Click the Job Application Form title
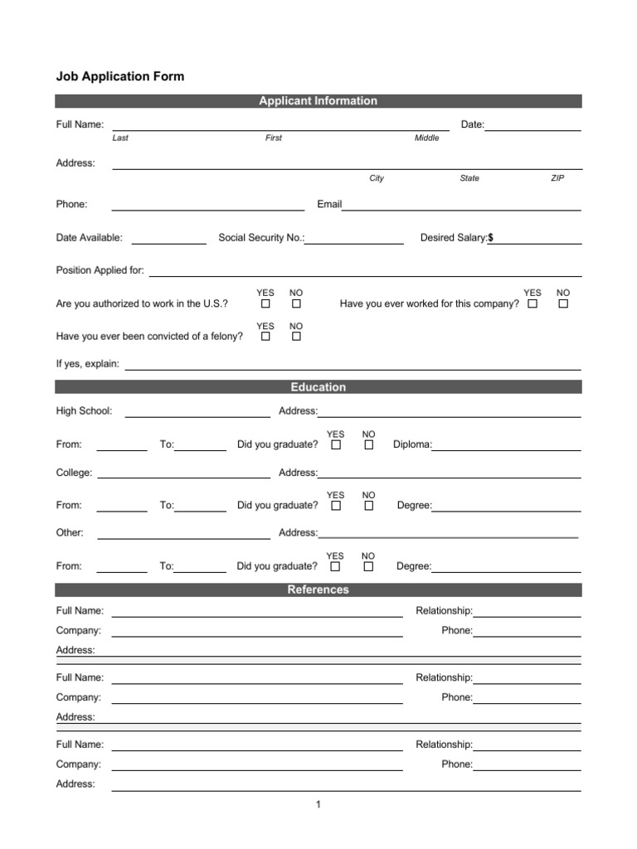(x=119, y=76)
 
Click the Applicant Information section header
(x=318, y=101)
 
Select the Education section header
(x=318, y=387)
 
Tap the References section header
(x=318, y=589)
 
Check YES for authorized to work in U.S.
(x=265, y=304)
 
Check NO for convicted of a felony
(x=296, y=337)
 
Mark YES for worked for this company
(x=532, y=304)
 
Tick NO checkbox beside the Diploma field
(x=369, y=445)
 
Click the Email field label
(x=329, y=204)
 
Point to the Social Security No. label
(x=261, y=238)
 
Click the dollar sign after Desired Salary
(x=490, y=238)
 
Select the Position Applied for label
(x=100, y=270)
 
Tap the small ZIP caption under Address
(x=557, y=178)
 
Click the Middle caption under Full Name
(x=426, y=138)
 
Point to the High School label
(x=84, y=411)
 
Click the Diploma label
(x=411, y=445)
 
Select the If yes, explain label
(x=88, y=363)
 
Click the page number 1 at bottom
(x=318, y=804)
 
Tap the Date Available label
(x=89, y=238)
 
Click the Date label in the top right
(x=472, y=124)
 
